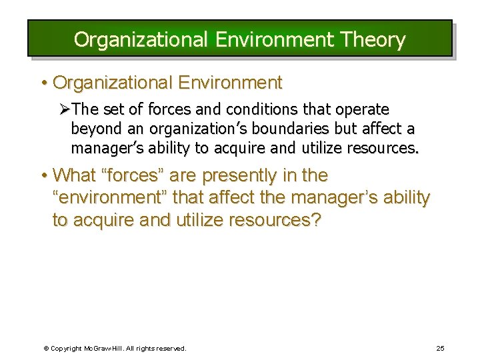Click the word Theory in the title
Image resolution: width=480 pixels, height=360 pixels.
(373, 40)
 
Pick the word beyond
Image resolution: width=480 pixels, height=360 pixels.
(95, 129)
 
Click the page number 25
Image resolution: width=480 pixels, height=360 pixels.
(440, 348)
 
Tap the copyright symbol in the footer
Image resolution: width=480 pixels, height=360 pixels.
(46, 349)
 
